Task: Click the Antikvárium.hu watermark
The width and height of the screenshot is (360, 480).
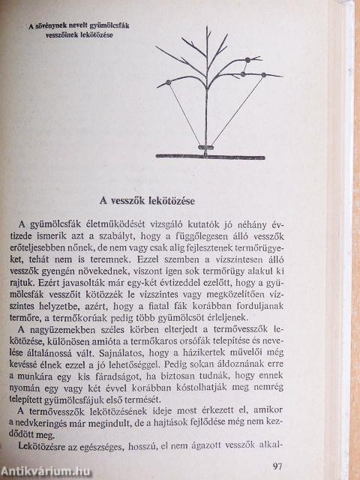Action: pyautogui.click(x=43, y=470)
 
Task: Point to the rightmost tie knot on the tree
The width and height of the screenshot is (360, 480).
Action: pyautogui.click(x=263, y=74)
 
